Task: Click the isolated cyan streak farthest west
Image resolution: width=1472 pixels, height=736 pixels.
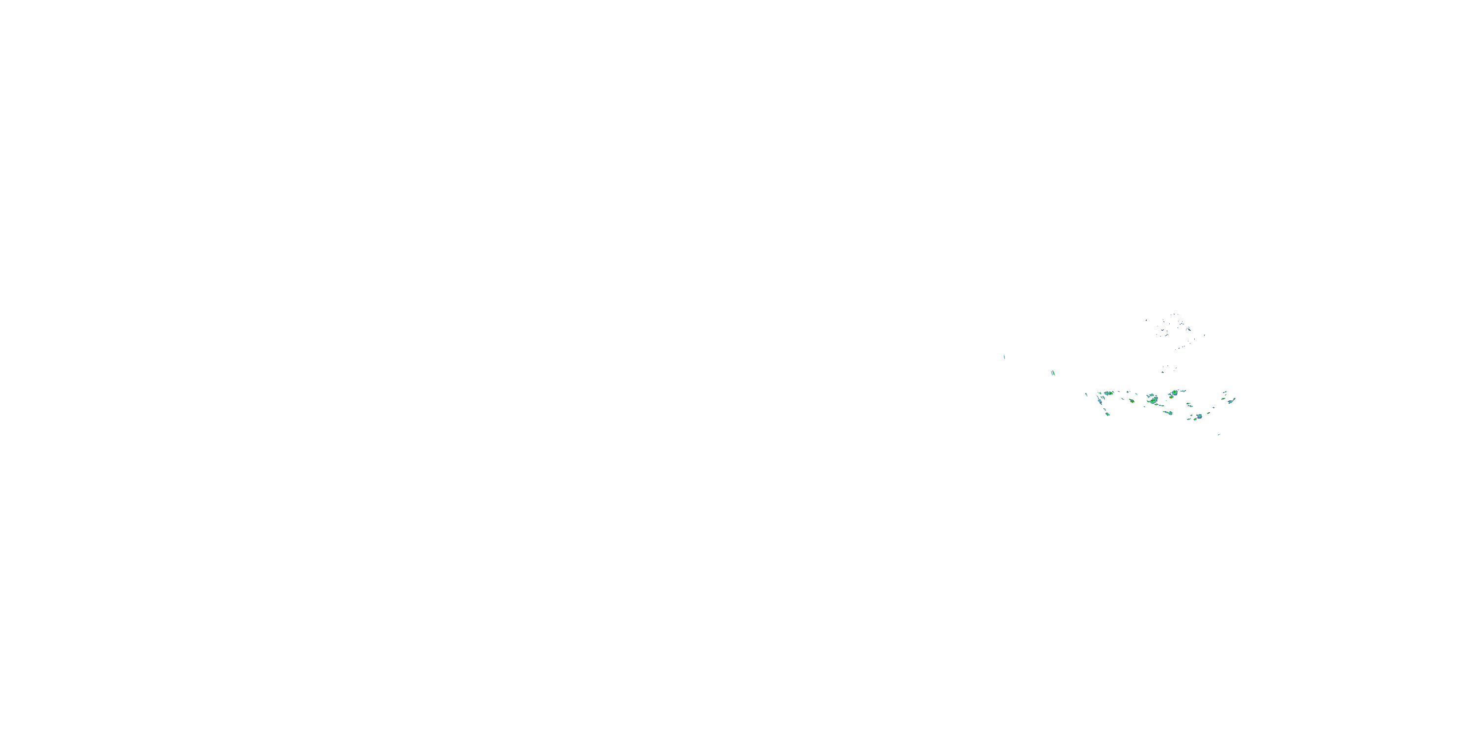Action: point(1004,357)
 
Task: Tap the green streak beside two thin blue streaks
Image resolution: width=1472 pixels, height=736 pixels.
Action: point(1052,373)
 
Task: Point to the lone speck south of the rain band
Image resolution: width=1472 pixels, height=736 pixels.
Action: point(1219,435)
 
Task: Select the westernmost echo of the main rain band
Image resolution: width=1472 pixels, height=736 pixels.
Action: point(1086,395)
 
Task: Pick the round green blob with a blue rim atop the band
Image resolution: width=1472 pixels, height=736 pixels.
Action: point(1175,393)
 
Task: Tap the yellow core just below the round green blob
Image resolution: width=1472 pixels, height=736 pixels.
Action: point(1171,398)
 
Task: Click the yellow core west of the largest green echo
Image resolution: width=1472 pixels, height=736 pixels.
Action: point(1132,402)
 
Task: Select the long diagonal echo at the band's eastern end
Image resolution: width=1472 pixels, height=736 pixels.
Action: point(1232,401)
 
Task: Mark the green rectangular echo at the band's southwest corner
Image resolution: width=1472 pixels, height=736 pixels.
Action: point(1108,414)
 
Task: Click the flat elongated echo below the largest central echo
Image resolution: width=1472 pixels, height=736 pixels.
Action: point(1169,413)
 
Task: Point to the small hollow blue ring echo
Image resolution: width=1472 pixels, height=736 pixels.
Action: point(1128,392)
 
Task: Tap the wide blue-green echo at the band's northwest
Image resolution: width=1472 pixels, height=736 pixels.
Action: point(1108,393)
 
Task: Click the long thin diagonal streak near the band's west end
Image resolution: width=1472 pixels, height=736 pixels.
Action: point(1100,401)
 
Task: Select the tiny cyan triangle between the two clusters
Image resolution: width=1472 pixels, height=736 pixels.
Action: point(1163,372)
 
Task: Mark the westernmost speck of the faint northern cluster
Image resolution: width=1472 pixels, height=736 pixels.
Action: point(1147,320)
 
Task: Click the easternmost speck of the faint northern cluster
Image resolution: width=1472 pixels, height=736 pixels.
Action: point(1205,336)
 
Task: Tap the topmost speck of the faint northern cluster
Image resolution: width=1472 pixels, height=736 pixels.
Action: point(1174,315)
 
